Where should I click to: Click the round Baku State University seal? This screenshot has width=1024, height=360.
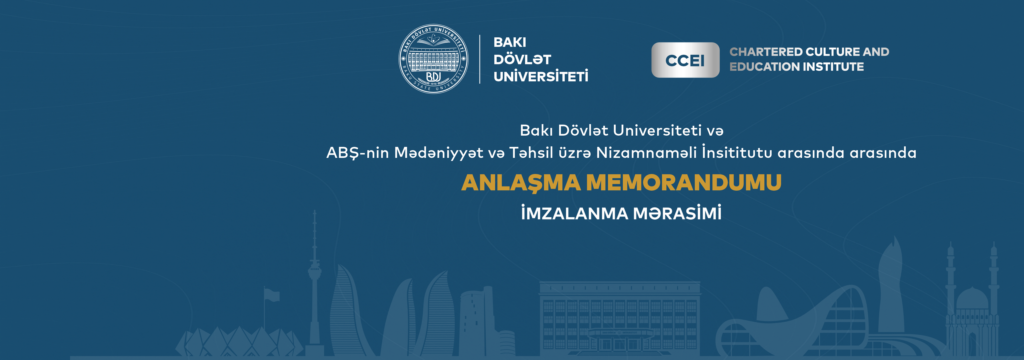click(x=433, y=59)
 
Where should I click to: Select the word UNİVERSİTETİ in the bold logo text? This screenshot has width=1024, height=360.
click(x=541, y=76)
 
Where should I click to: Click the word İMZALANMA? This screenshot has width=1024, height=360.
click(x=574, y=213)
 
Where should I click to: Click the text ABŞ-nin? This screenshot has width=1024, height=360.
click(x=357, y=152)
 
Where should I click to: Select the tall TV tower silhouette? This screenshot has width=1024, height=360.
click(x=314, y=278)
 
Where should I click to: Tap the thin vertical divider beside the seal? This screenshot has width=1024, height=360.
click(x=480, y=59)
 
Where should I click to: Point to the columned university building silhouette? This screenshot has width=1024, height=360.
click(x=619, y=318)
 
